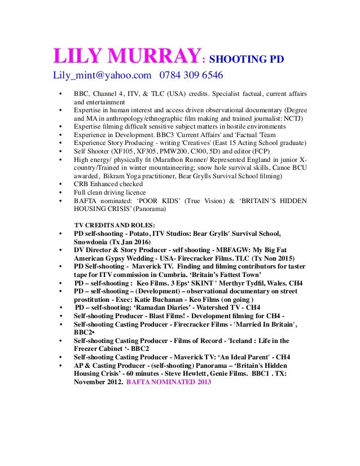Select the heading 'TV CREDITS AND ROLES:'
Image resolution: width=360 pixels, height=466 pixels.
[115, 225]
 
